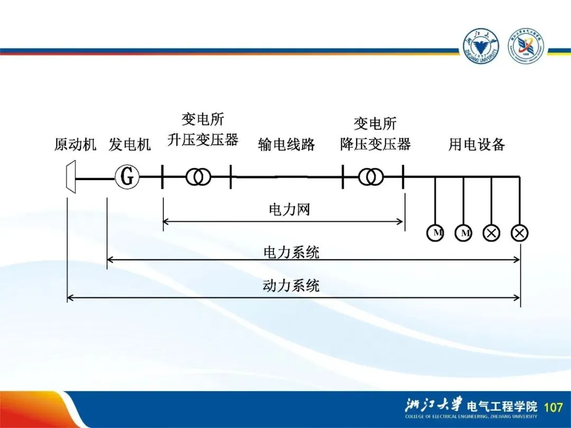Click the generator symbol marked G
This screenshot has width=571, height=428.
pos(127,178)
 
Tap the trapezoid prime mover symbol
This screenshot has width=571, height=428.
pos(70,177)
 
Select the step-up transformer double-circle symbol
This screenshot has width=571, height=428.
pos(198,178)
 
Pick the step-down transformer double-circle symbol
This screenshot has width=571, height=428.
pos(371,178)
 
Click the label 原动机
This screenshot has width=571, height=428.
pos(75,144)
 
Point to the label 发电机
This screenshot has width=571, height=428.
pos(130,144)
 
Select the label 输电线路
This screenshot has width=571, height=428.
pos(287,144)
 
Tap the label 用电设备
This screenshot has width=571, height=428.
pos(477,144)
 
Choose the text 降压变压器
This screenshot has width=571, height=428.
pos(375,144)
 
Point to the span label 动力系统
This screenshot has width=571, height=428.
pos(291,286)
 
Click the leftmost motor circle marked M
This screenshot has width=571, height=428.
pos(436,233)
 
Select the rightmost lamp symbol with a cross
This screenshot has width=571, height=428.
pos(520,233)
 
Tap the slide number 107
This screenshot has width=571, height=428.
pos(553,407)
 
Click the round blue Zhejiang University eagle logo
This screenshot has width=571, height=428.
pos(481,46)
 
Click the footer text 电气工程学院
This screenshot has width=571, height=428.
pos(502,406)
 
